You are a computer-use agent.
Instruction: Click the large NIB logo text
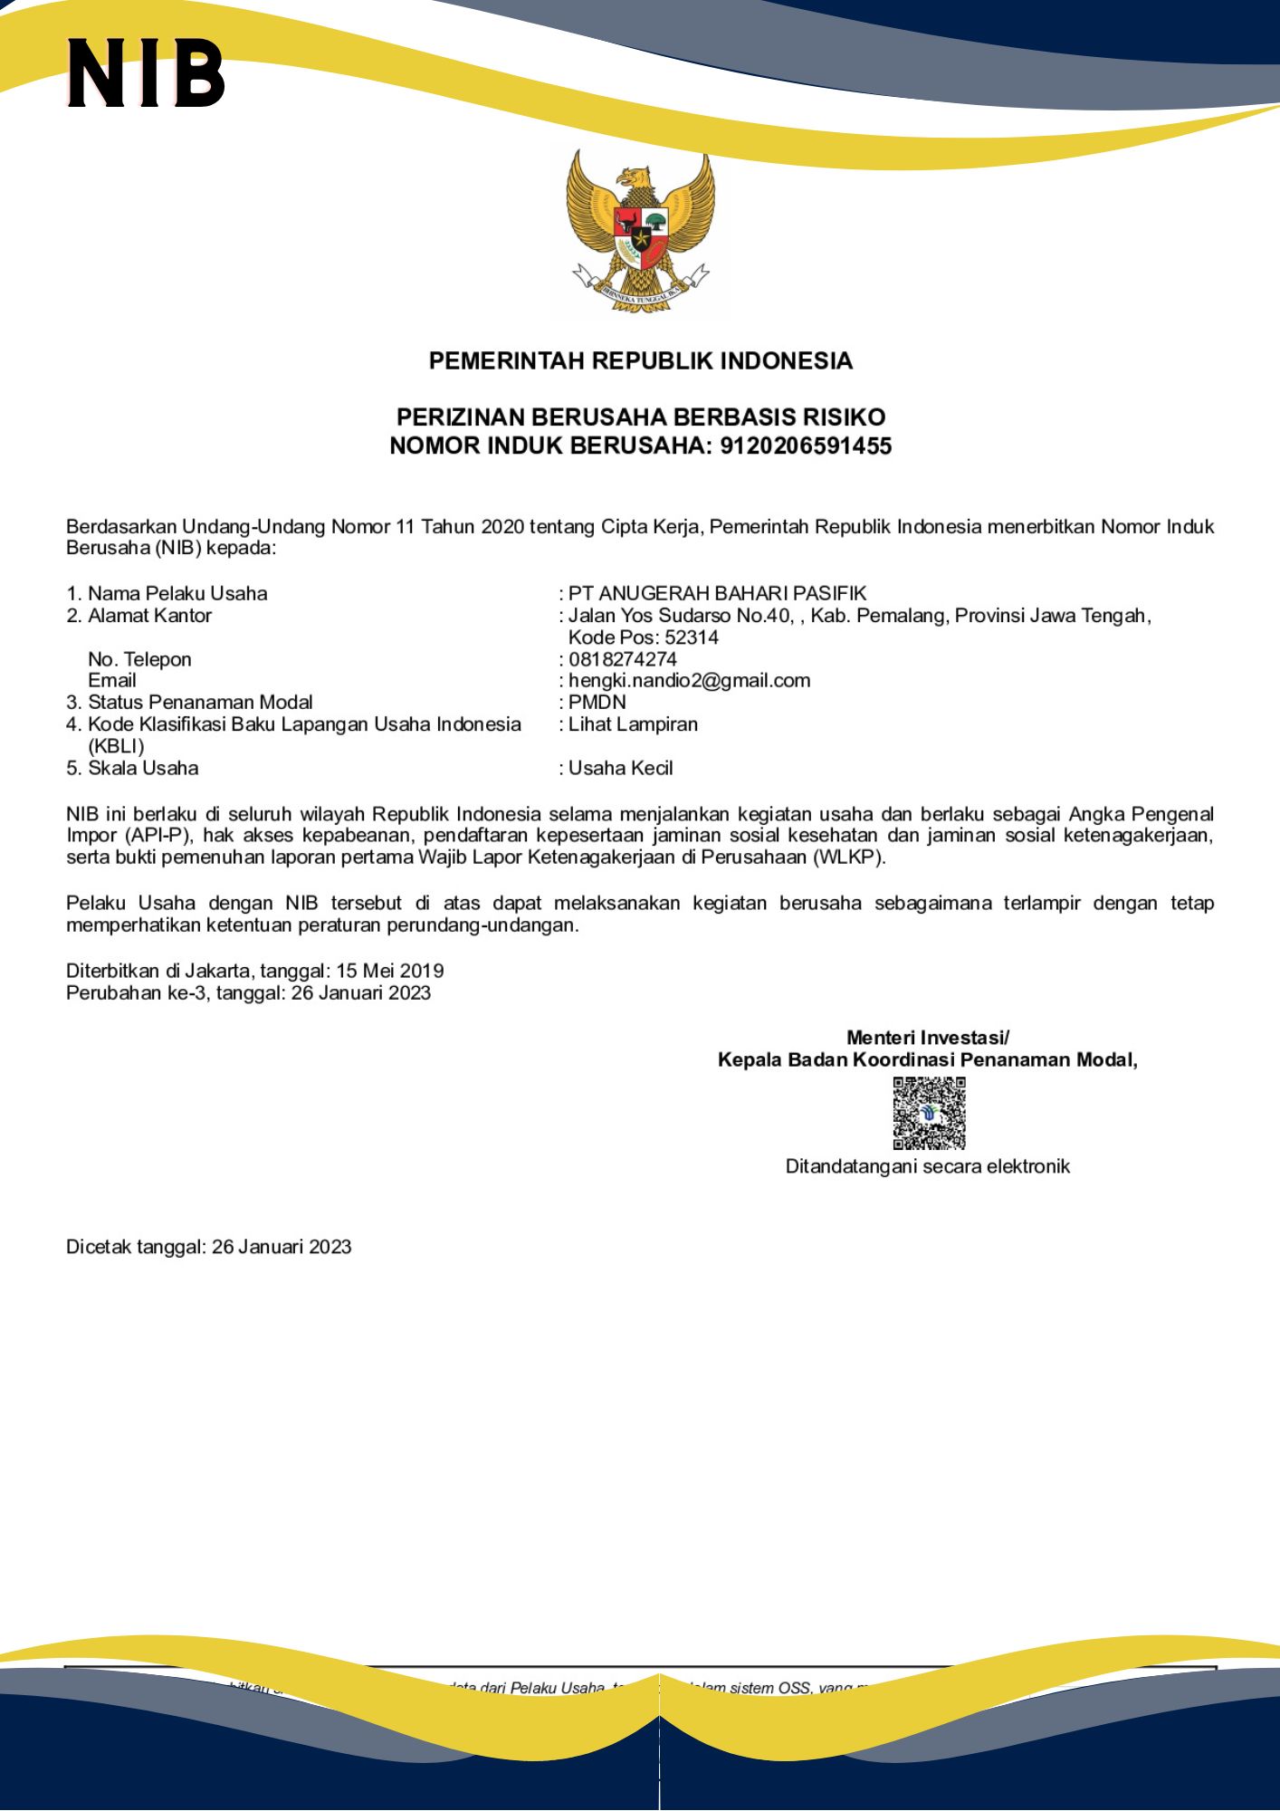coord(146,72)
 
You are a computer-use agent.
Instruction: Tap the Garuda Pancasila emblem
coord(640,233)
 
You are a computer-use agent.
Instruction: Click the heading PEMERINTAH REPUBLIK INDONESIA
coord(640,360)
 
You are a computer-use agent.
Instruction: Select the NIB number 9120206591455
coord(806,446)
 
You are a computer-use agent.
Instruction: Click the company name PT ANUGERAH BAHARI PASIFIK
coord(717,593)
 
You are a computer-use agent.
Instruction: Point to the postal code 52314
coord(692,637)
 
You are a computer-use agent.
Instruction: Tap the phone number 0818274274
coord(623,658)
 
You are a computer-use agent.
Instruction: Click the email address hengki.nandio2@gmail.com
coord(689,680)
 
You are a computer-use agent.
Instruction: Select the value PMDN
coord(597,702)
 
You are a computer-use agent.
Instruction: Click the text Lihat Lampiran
coord(633,723)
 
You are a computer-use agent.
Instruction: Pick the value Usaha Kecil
coord(620,768)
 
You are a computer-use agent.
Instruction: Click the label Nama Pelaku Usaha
coord(177,593)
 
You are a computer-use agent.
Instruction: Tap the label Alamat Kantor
coord(149,615)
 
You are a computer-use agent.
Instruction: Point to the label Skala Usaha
coord(143,768)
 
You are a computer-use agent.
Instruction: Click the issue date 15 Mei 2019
coord(390,971)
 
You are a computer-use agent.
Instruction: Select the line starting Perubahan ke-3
coord(248,992)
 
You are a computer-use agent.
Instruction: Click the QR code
coord(929,1113)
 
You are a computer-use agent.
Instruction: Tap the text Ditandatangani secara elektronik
coord(927,1166)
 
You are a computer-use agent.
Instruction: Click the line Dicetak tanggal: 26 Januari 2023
coord(208,1247)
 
